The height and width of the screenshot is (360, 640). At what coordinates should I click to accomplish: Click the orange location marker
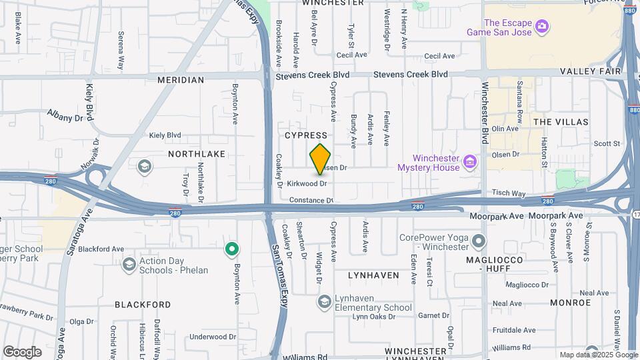[x=321, y=159]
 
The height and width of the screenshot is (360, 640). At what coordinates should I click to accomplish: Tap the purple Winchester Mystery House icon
[x=470, y=161]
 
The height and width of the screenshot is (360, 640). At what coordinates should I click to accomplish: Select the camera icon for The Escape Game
[x=543, y=26]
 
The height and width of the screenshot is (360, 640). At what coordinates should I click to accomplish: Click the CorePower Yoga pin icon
[x=479, y=241]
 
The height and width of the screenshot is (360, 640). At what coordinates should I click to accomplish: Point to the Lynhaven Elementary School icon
[x=324, y=302]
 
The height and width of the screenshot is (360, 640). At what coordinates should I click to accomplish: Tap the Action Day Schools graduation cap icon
[x=129, y=265]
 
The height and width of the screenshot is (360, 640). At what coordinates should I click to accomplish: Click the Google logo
[x=22, y=351]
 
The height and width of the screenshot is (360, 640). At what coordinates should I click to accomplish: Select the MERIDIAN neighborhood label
[x=181, y=80]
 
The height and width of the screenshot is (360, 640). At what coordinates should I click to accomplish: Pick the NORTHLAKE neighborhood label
[x=197, y=154]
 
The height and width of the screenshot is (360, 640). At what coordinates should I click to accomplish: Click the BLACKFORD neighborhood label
[x=143, y=305]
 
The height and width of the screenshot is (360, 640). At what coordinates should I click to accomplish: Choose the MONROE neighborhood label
[x=571, y=303]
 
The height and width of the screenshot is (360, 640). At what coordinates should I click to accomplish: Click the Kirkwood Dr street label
[x=307, y=183]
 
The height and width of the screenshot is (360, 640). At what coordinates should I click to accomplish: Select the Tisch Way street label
[x=509, y=194]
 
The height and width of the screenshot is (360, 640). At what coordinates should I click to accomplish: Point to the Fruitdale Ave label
[x=514, y=330]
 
